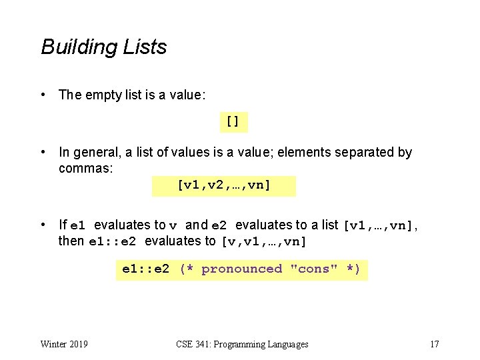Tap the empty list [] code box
pos(233,122)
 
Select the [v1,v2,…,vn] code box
pos(224,185)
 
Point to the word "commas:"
pos(86,168)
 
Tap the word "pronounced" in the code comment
pos(241,269)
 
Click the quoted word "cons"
pos(313,269)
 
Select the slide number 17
pos(434,344)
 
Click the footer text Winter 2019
pos(64,344)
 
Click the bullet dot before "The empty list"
pos(44,95)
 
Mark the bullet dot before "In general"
pos(44,152)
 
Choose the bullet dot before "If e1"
pos(44,225)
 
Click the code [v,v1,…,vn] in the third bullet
pos(263,241)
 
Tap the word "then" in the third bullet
pos(71,241)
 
